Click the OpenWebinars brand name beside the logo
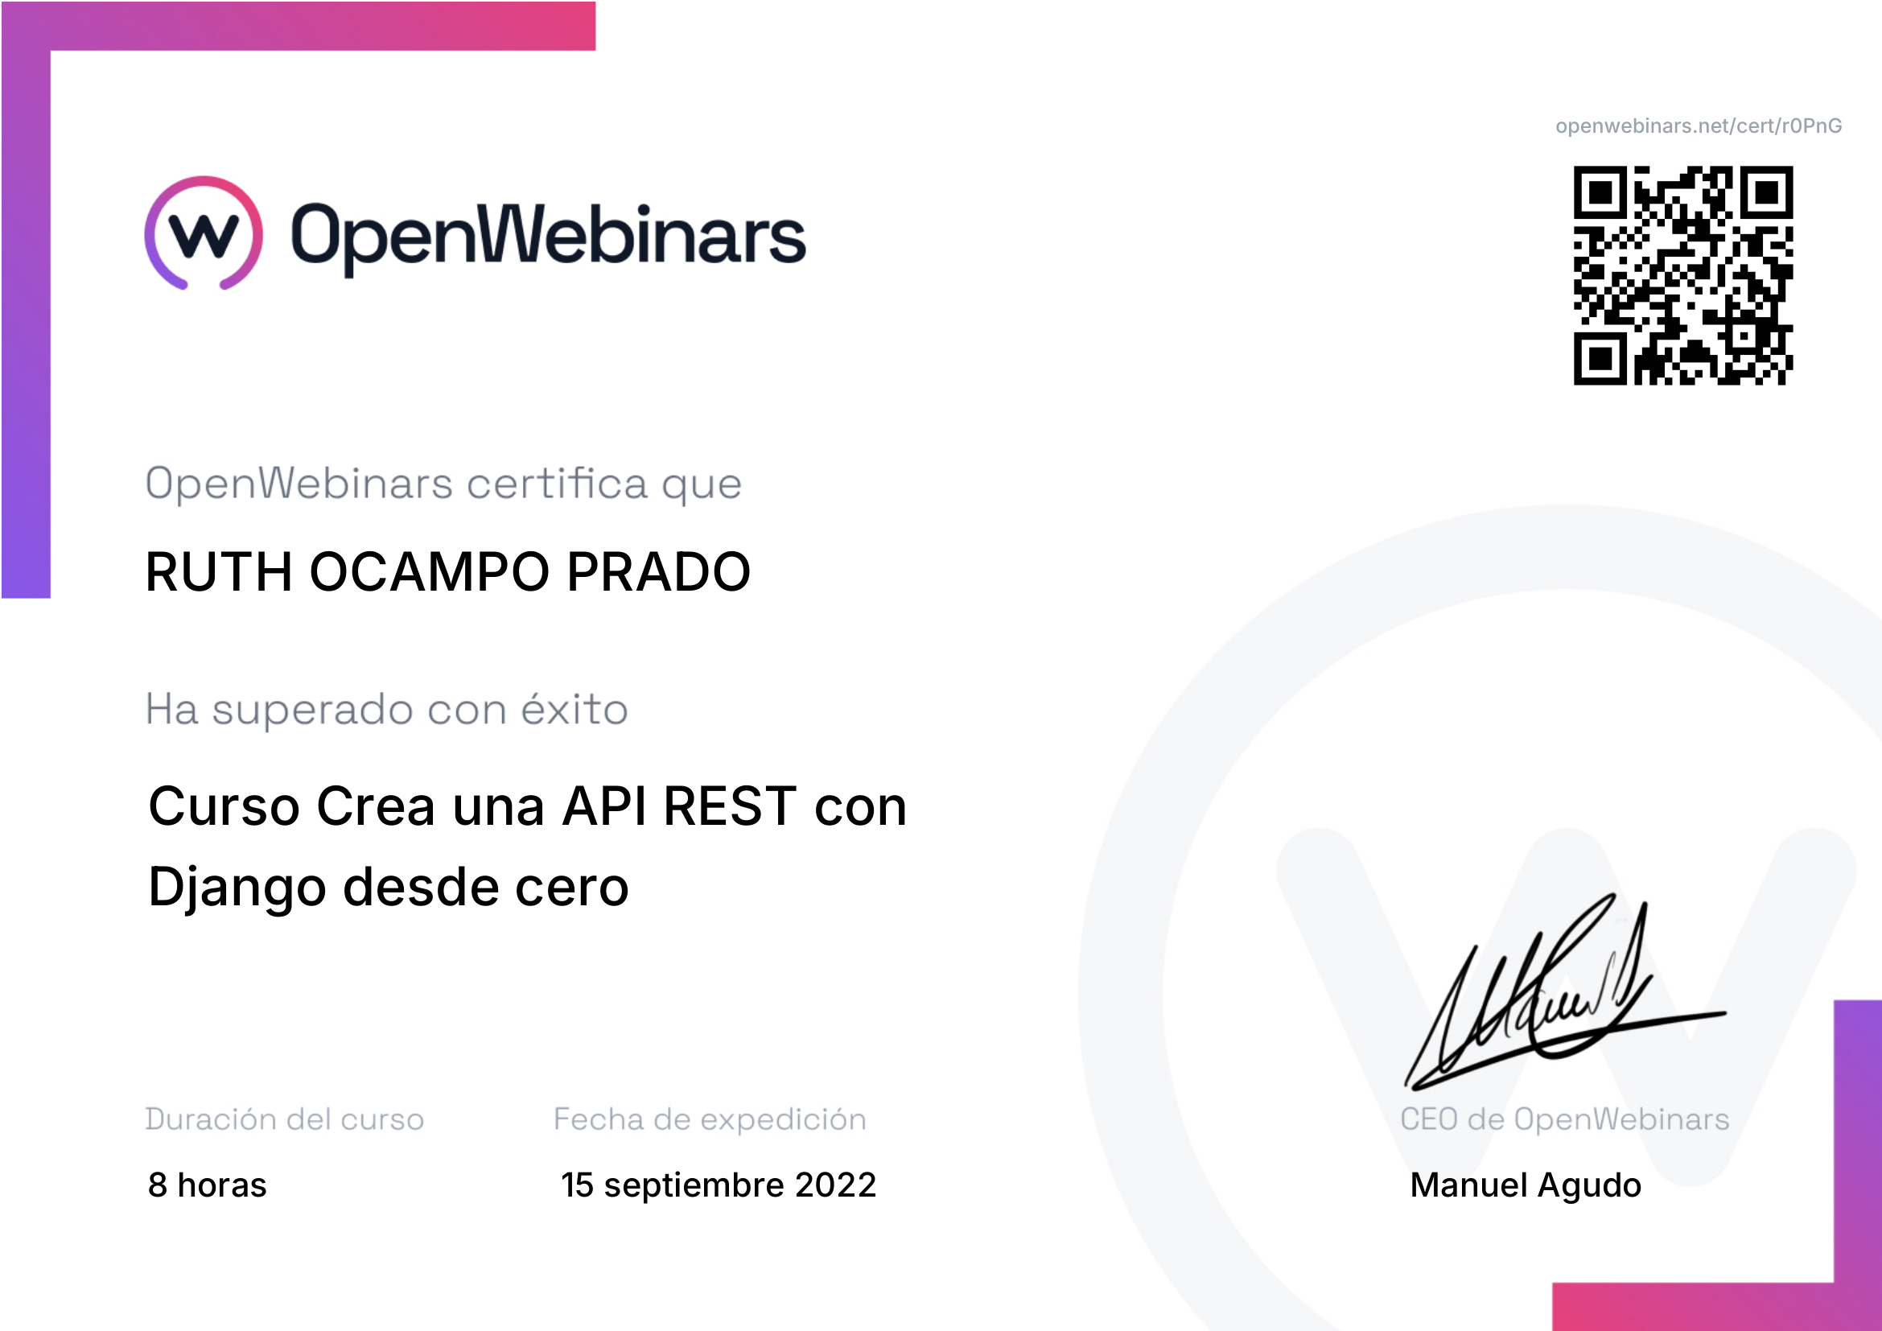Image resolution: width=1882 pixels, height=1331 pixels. pos(549,237)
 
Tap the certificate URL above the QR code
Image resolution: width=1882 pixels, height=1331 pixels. pos(1699,126)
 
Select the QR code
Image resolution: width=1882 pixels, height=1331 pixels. pos(1682,275)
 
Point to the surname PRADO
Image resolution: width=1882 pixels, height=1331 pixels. pos(658,571)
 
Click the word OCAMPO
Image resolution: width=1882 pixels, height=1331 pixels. pos(430,571)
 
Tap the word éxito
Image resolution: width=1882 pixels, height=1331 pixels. pos(574,708)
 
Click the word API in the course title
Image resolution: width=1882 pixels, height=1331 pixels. pos(605,806)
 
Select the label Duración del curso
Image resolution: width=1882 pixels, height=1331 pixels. pos(284,1119)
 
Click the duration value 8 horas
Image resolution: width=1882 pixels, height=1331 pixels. pos(208,1185)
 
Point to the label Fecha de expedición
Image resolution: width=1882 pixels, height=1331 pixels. pos(710,1119)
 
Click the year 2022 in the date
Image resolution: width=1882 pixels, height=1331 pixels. pos(835,1185)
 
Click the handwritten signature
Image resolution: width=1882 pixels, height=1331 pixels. pos(1565,992)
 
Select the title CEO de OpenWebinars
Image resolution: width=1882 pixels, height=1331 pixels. pos(1565,1119)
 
